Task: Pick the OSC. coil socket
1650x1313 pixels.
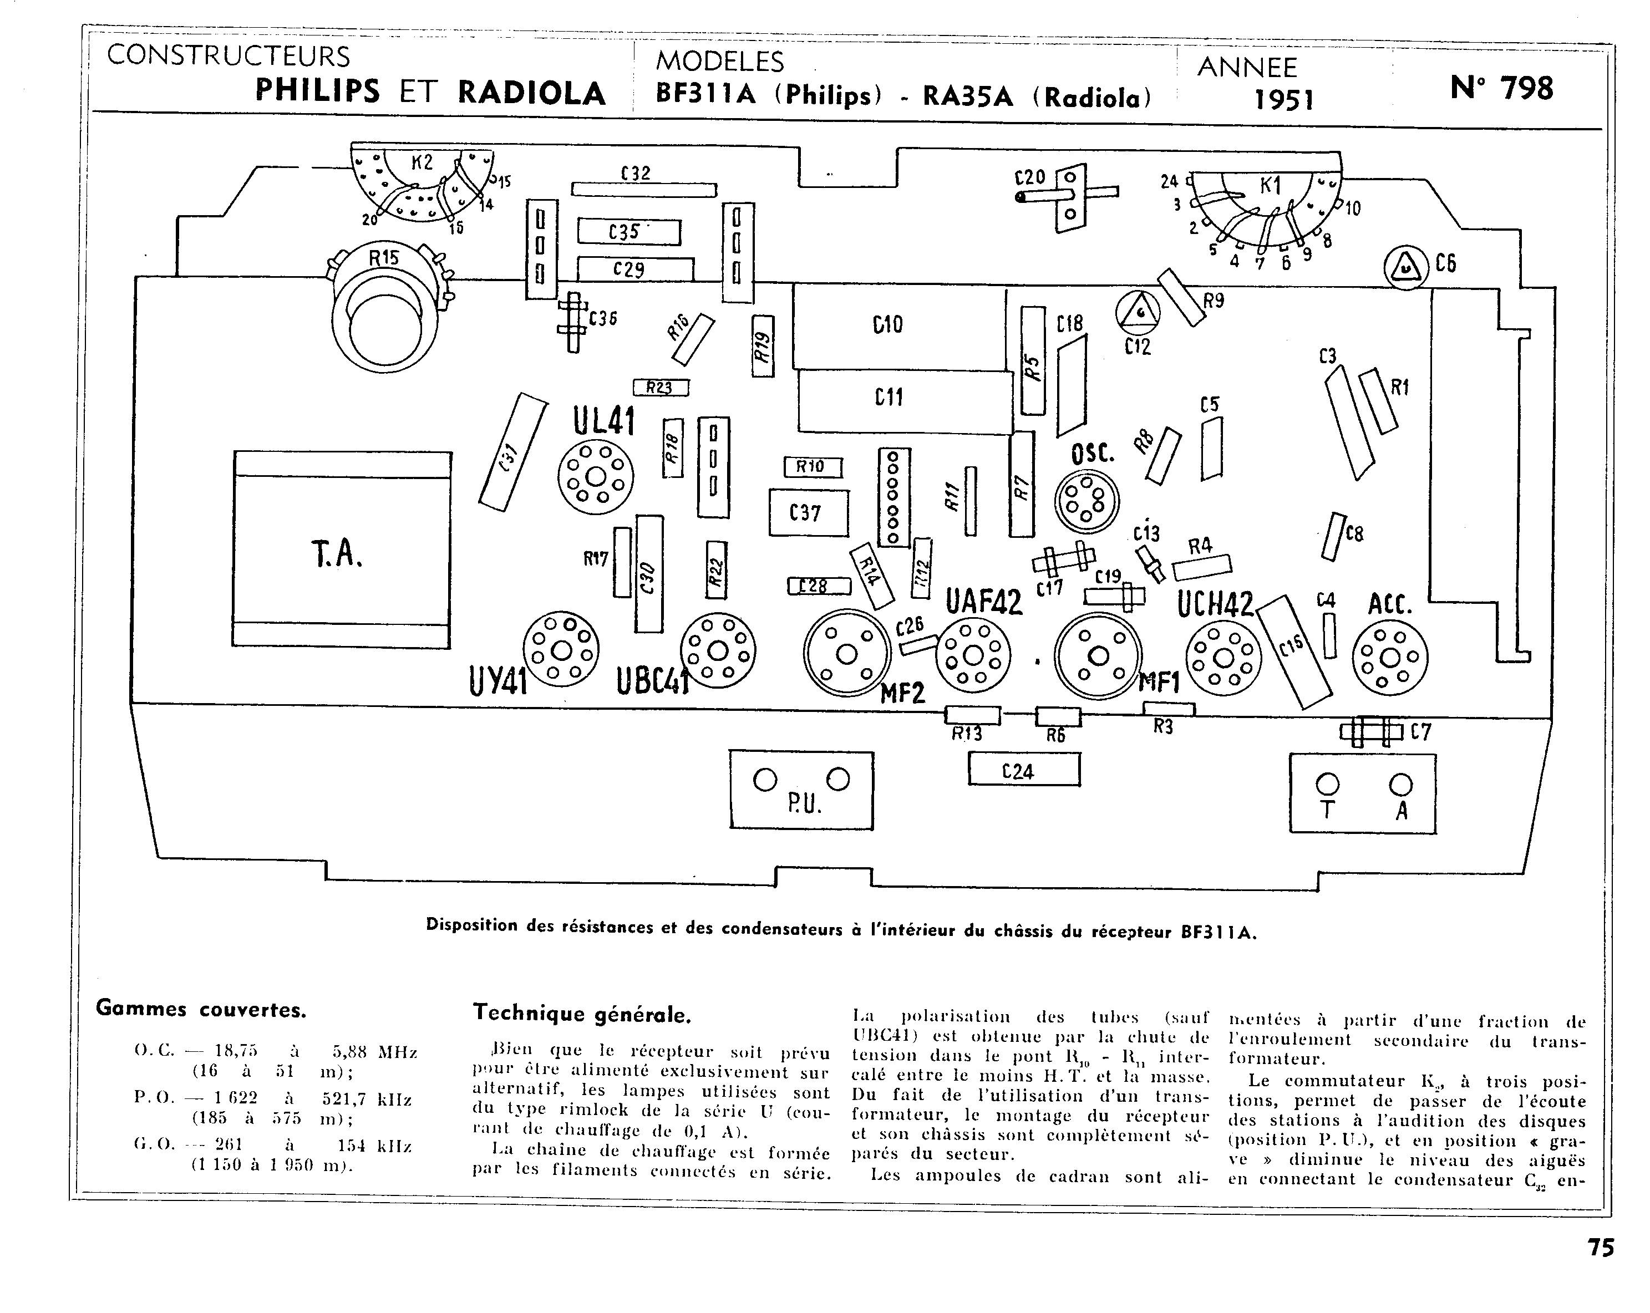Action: [1086, 501]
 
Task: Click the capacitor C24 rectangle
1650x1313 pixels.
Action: [1024, 770]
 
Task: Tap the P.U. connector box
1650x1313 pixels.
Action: [801, 790]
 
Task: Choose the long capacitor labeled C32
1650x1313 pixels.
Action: [644, 190]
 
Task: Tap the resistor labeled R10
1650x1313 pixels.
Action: [812, 467]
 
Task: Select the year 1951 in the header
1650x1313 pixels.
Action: [1283, 99]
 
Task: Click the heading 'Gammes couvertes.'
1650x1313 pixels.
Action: [201, 1009]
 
